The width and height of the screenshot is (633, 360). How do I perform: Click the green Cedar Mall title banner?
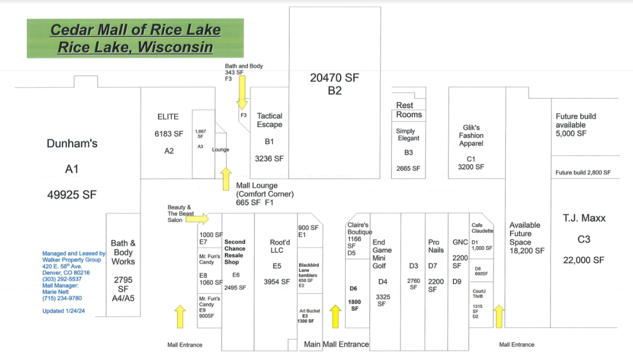point(135,38)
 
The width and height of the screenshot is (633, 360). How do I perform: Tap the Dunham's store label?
point(72,144)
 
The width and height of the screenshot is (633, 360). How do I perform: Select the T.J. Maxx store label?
point(583,218)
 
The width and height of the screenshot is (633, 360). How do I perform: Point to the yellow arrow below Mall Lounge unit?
point(226,178)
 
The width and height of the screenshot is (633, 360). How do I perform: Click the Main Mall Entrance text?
point(336,344)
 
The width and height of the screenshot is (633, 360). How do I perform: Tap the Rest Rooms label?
point(408,110)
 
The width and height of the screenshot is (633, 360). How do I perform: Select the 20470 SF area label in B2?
point(334,78)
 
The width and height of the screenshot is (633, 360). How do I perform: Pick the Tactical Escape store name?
point(269,120)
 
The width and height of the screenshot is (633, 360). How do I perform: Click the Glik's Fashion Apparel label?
point(471,136)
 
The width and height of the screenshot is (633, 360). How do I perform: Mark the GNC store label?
point(460,242)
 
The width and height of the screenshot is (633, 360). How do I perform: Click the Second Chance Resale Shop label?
point(235,252)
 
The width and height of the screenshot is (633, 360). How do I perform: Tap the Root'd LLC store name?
point(277,246)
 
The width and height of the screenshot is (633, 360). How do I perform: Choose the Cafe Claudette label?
point(482,228)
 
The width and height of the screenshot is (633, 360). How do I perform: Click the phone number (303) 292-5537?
point(62,279)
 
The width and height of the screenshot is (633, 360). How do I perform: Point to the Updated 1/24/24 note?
point(64,311)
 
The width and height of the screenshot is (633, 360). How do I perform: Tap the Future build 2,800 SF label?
point(583,172)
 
